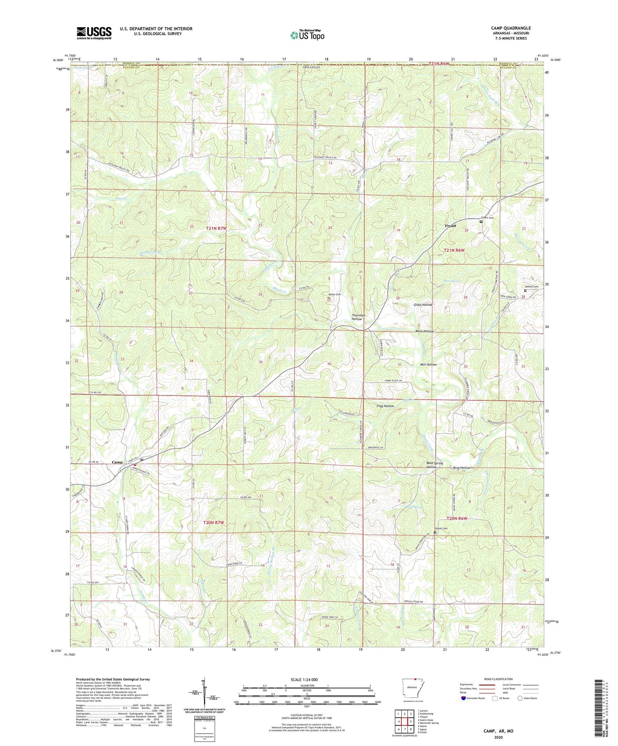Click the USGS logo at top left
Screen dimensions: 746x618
(x=94, y=33)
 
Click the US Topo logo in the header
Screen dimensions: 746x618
(x=307, y=35)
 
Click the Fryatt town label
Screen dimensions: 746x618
(x=451, y=225)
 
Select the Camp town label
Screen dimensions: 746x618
(x=117, y=462)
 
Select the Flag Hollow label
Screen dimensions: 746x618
(x=385, y=406)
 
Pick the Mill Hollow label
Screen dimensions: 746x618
(x=428, y=365)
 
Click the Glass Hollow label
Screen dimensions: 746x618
(x=423, y=304)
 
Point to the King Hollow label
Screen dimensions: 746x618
(x=461, y=468)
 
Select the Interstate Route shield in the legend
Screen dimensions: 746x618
(x=463, y=698)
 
